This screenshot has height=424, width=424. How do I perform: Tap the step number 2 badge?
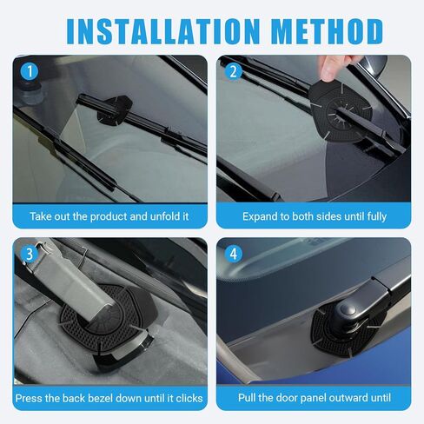click(x=232, y=72)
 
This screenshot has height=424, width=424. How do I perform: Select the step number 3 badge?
click(x=29, y=254)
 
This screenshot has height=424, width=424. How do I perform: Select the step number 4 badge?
click(x=232, y=254)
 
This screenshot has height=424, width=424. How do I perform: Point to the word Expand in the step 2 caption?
click(x=261, y=215)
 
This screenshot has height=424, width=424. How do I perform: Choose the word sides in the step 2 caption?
click(x=327, y=215)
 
